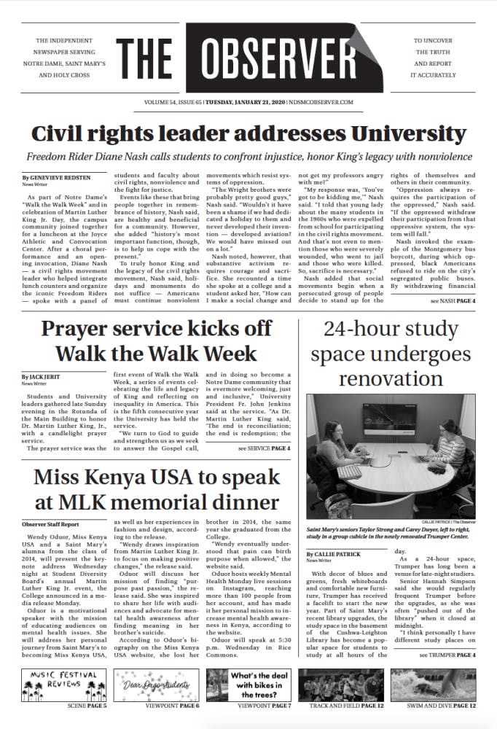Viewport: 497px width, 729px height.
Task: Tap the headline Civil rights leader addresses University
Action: [248, 134]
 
